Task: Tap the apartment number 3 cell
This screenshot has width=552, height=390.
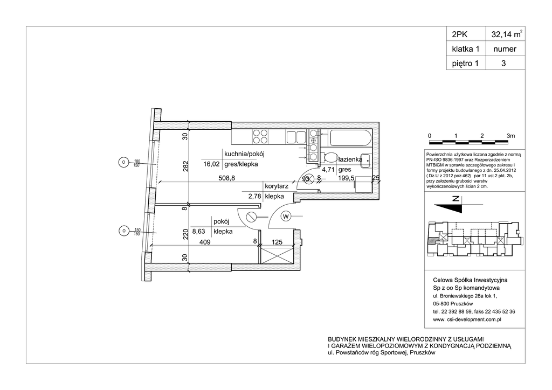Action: [x=503, y=63]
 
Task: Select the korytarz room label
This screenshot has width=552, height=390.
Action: [x=278, y=186]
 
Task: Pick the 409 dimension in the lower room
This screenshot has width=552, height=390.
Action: [x=205, y=242]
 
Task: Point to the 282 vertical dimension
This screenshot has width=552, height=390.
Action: [x=184, y=166]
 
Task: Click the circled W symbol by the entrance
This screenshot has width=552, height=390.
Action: [x=286, y=217]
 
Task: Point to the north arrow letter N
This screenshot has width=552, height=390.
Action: [x=456, y=199]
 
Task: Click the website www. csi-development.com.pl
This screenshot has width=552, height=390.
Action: [x=467, y=319]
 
